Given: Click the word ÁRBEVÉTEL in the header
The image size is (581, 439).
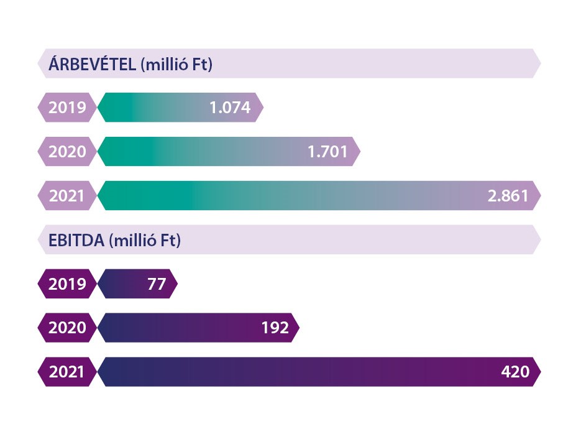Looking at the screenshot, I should pyautogui.click(x=92, y=64).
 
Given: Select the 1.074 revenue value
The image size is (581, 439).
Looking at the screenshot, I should pyautogui.click(x=230, y=108).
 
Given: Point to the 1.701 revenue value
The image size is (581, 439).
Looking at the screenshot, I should pyautogui.click(x=327, y=152).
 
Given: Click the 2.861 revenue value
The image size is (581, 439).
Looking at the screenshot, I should pyautogui.click(x=508, y=196).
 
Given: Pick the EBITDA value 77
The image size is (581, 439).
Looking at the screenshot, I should pyautogui.click(x=157, y=284).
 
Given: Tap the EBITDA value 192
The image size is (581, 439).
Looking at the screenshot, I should pyautogui.click(x=275, y=328).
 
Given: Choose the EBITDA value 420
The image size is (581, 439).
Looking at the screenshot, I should pyautogui.click(x=515, y=372).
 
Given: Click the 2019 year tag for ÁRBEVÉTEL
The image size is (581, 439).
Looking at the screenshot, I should pyautogui.click(x=67, y=108).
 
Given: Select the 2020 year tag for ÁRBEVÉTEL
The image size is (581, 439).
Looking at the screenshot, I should pyautogui.click(x=67, y=152).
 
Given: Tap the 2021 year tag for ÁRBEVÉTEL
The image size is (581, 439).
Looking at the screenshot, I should pyautogui.click(x=67, y=196).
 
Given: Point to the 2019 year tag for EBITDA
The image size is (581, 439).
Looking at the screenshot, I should pyautogui.click(x=67, y=284).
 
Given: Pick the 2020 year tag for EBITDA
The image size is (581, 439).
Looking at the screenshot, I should pyautogui.click(x=67, y=328).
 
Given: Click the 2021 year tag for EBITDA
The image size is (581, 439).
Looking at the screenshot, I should pyautogui.click(x=67, y=372).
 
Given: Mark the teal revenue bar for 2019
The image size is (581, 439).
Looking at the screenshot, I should pyautogui.click(x=155, y=108).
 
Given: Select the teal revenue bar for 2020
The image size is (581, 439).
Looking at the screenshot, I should pyautogui.click(x=205, y=152).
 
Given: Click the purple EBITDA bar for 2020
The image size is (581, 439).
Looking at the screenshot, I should pyautogui.click(x=180, y=328).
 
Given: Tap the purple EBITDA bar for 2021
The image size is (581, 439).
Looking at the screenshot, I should pyautogui.click(x=298, y=372).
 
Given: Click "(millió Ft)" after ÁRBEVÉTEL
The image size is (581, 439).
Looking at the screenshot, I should pyautogui.click(x=176, y=64).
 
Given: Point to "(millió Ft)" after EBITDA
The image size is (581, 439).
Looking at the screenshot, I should pyautogui.click(x=145, y=240).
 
